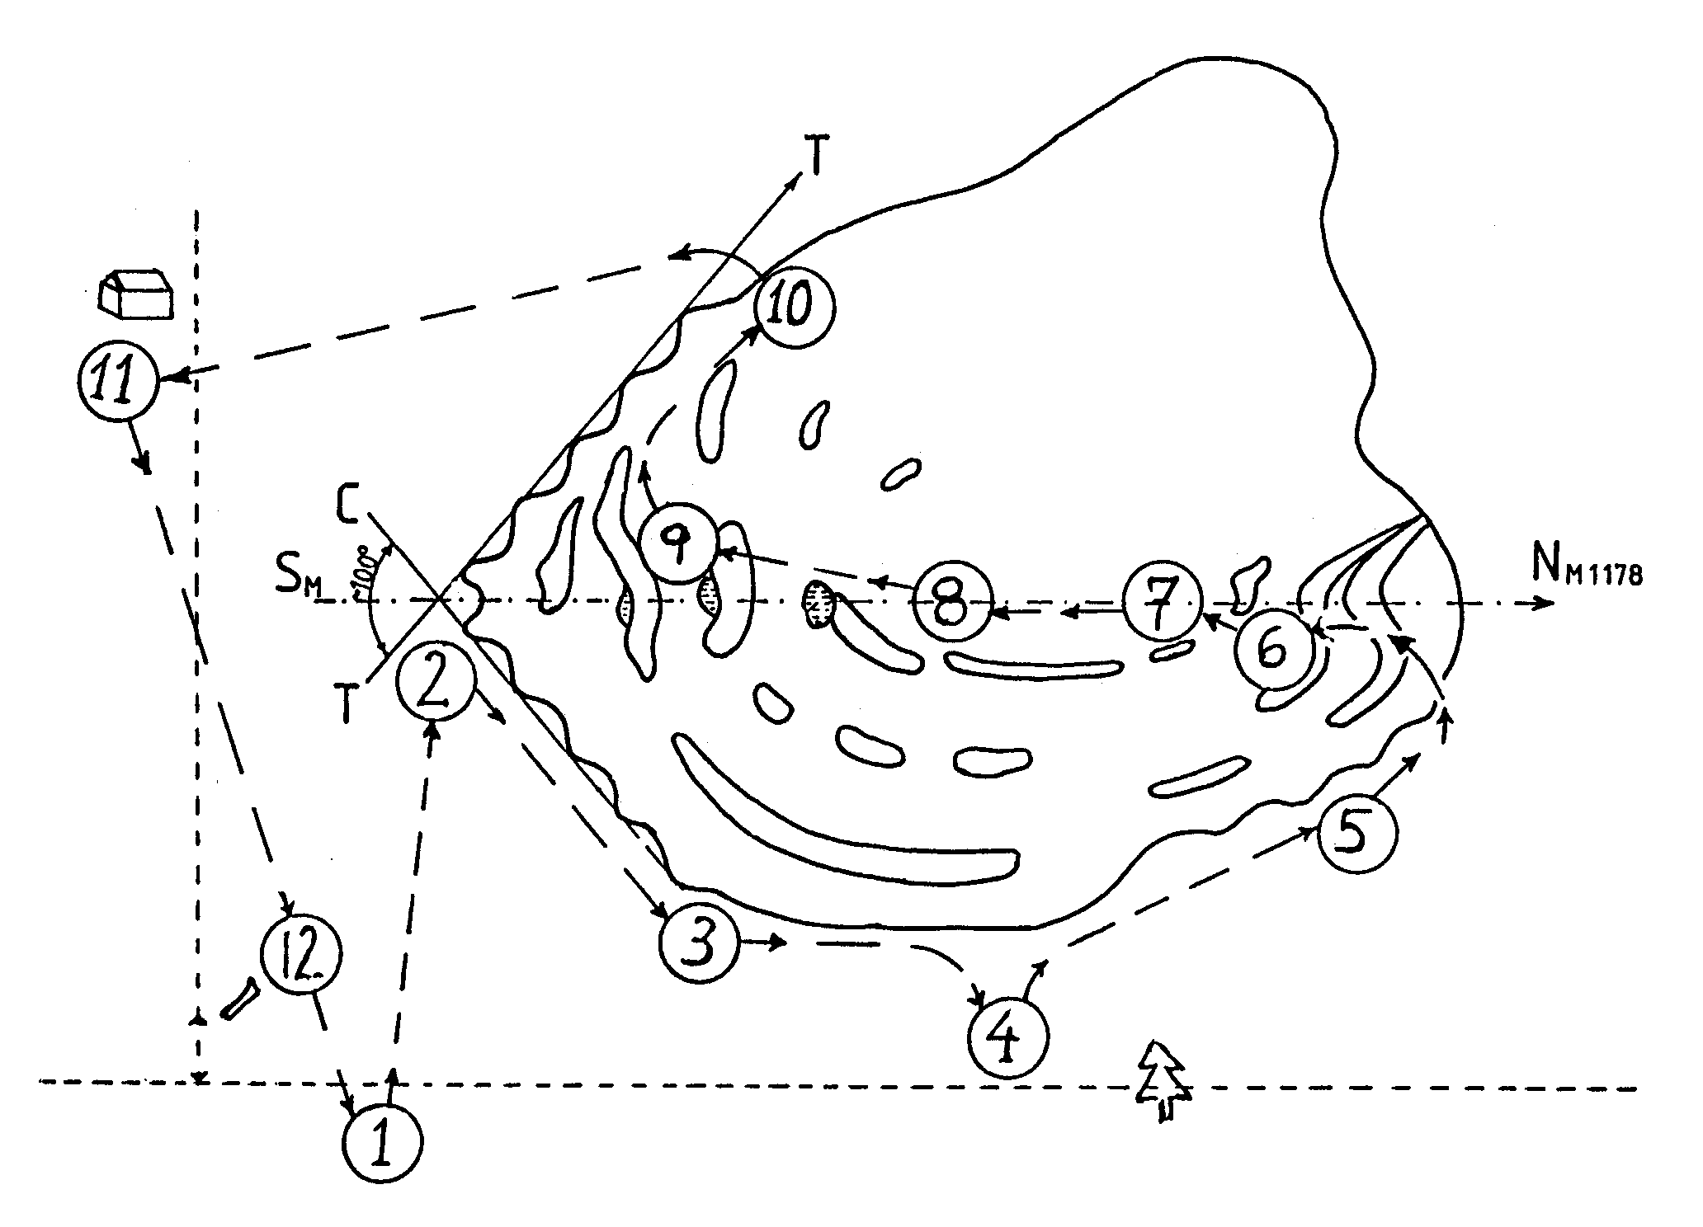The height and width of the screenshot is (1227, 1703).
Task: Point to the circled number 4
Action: (1008, 1036)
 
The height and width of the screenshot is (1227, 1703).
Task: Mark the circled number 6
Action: (1275, 651)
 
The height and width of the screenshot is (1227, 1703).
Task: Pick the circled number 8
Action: (952, 603)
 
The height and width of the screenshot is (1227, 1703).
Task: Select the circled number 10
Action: (794, 308)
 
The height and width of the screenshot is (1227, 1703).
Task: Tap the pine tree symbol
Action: (1162, 1080)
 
